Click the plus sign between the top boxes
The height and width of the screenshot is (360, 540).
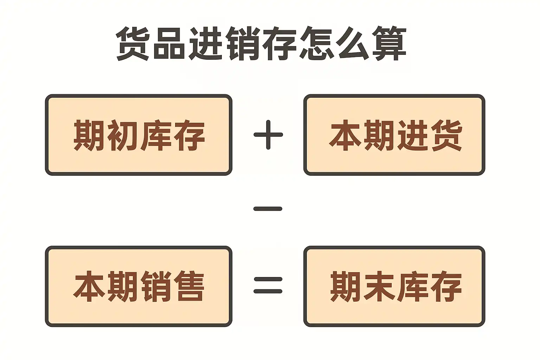tap(268, 135)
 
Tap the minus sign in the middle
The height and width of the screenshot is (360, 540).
tap(268, 209)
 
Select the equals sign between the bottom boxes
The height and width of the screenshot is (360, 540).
tap(268, 285)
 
